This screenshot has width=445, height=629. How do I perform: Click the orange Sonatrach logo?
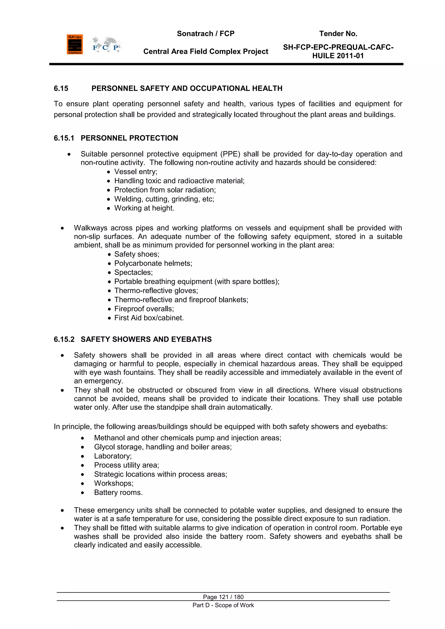click(75, 44)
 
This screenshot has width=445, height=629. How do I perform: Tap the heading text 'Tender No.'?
click(338, 34)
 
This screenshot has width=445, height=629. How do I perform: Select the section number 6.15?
click(61, 88)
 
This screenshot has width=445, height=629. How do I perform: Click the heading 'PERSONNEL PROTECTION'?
click(129, 138)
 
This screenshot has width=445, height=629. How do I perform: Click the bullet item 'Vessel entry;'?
click(136, 172)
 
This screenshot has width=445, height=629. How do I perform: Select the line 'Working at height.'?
click(144, 208)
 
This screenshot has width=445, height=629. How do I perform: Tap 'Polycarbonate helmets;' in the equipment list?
click(153, 263)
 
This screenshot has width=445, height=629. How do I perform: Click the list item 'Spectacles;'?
click(133, 272)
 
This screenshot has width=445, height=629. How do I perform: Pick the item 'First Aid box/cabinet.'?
click(149, 318)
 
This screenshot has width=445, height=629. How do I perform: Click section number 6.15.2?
click(64, 339)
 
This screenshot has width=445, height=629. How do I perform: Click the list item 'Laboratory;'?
click(113, 456)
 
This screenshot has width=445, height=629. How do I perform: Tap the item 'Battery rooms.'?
click(118, 493)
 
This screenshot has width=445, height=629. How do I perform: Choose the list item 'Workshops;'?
click(114, 483)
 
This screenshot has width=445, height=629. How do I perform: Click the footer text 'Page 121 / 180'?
click(223, 597)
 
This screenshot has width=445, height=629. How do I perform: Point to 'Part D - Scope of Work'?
click(223, 605)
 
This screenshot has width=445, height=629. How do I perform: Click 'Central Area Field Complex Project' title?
click(206, 51)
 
